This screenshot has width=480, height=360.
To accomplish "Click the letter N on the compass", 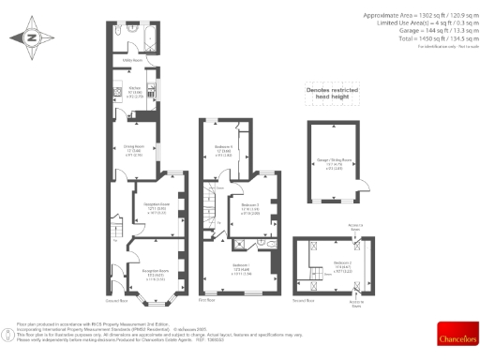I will click(30, 37).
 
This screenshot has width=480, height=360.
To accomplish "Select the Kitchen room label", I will click(134, 92).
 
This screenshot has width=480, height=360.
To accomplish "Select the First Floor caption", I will click(209, 301).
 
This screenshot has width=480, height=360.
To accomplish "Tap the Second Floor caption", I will click(305, 301).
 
